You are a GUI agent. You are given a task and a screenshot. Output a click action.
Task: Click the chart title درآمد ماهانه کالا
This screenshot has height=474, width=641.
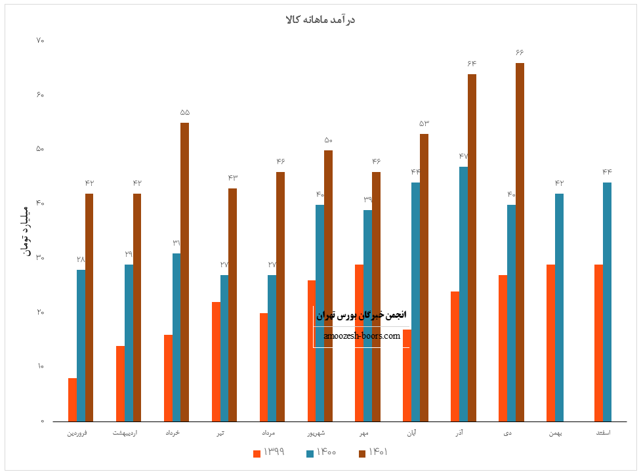point(320,20)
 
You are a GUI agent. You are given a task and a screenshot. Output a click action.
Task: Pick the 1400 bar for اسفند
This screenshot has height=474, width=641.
point(607,301)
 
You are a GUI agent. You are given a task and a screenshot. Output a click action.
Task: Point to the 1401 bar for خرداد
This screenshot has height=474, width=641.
point(184,272)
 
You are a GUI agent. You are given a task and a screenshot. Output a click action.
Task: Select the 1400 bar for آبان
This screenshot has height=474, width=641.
point(415,301)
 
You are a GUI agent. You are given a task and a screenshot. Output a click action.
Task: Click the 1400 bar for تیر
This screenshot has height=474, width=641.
point(224,348)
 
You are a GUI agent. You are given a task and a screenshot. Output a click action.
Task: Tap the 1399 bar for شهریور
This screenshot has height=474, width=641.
point(312,351)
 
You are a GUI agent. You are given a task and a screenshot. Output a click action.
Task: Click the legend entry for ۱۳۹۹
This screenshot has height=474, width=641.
point(268,452)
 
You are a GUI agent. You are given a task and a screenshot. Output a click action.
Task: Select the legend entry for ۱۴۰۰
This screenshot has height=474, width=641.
point(321,452)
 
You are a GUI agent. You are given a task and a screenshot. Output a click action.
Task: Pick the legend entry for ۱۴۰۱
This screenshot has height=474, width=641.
point(373,452)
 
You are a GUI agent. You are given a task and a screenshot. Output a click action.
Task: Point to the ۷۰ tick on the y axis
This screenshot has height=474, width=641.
point(40,41)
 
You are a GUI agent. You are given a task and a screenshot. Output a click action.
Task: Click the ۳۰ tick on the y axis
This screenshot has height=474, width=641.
point(40,258)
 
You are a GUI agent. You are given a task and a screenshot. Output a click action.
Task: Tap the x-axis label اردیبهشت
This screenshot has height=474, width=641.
point(125,433)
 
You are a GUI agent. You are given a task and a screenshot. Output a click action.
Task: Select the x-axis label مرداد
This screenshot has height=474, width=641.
point(268,433)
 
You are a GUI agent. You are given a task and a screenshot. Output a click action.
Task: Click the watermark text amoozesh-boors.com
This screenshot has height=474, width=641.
point(362,336)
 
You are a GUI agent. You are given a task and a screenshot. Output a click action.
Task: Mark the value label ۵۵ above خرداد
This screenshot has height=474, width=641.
point(184,112)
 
